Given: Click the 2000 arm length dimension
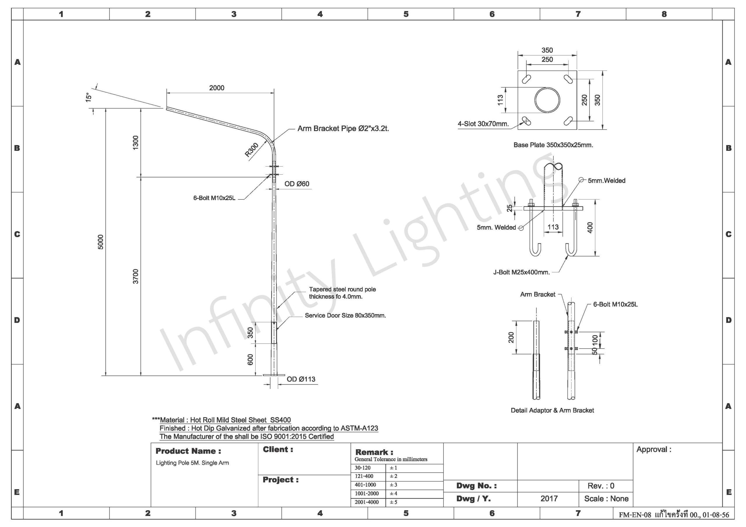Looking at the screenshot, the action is click(217, 88).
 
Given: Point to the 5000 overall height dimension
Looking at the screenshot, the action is click(101, 242).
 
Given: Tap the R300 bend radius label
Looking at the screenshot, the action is click(251, 150).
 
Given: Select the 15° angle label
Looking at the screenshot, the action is click(88, 98).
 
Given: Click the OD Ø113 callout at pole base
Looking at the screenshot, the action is click(301, 379).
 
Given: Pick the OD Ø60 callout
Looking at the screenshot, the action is click(297, 184).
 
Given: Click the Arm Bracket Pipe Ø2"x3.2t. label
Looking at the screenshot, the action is click(343, 129).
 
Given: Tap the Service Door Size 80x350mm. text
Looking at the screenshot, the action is click(345, 315).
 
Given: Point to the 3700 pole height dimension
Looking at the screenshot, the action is click(136, 276).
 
